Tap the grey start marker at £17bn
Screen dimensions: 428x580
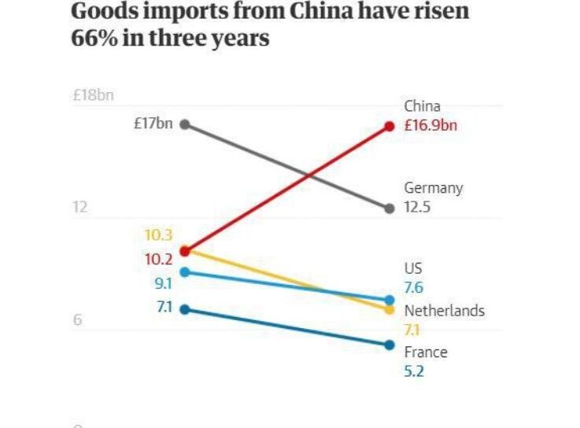click(x=185, y=124)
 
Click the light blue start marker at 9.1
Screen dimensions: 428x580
click(x=185, y=272)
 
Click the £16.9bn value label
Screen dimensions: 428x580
click(x=430, y=126)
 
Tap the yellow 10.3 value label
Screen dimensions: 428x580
click(x=158, y=234)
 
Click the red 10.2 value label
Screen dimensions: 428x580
click(x=158, y=259)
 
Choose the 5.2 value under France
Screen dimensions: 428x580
click(x=414, y=371)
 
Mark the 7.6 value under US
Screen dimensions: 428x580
click(x=414, y=288)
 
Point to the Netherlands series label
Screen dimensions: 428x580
click(x=444, y=311)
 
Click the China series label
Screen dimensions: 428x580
click(x=423, y=106)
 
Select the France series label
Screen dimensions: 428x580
click(x=426, y=352)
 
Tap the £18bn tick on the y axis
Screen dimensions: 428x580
click(x=93, y=96)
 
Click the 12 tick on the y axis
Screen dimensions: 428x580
click(x=79, y=208)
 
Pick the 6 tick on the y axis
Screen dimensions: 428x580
click(x=78, y=321)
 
